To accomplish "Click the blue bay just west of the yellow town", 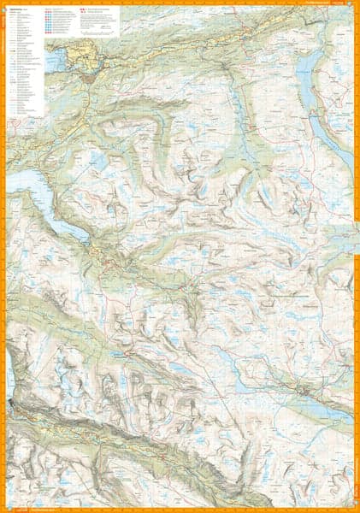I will click(53, 60).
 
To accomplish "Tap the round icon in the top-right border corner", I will click(354, 5).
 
